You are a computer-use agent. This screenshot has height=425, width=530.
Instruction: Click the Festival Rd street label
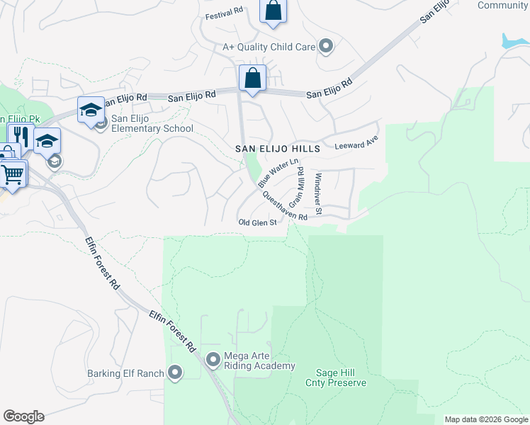tap(224, 13)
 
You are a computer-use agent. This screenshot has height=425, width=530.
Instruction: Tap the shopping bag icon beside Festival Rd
tap(273, 11)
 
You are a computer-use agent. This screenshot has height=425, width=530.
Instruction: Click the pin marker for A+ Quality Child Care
tap(326, 47)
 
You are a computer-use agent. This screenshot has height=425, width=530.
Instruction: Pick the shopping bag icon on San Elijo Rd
tap(253, 79)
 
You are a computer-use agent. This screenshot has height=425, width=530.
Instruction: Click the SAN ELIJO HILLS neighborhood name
tap(278, 149)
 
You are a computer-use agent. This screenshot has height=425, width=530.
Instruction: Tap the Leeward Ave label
tap(357, 144)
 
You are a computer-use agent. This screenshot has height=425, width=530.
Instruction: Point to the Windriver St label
tap(319, 193)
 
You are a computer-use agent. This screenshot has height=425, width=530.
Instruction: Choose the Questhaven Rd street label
tap(284, 206)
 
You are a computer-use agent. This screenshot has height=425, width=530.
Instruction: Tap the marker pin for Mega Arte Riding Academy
tap(213, 361)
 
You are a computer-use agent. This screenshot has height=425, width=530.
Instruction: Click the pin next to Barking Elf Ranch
tap(176, 373)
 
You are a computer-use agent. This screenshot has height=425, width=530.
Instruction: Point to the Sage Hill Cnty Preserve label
tap(336, 378)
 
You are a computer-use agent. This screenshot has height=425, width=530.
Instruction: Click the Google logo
tap(23, 416)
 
